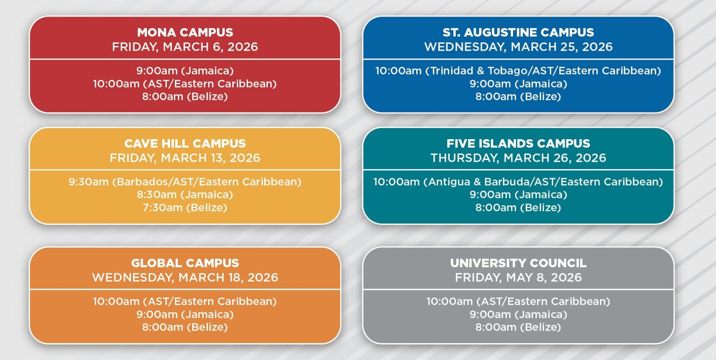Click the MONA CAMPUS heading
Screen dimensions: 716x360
click(x=185, y=32)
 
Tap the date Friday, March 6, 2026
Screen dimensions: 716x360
click(x=185, y=47)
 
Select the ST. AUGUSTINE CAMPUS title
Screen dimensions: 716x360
click(x=518, y=32)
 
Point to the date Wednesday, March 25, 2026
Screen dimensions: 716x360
click(x=518, y=47)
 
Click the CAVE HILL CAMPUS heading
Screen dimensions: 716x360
click(x=185, y=144)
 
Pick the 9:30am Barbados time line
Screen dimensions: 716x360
click(x=185, y=182)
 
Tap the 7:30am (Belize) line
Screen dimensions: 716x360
click(x=185, y=207)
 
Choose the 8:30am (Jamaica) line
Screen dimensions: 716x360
click(x=185, y=195)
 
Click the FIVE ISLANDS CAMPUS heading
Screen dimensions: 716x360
click(x=518, y=144)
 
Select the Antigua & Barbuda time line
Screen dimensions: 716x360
click(x=518, y=182)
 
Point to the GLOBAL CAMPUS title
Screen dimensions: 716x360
click(x=185, y=263)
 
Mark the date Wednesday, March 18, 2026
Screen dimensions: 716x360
click(x=185, y=278)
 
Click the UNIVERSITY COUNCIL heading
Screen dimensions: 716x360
click(x=518, y=263)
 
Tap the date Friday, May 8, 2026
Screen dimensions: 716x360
click(x=518, y=278)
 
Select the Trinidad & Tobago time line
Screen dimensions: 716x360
click(x=518, y=71)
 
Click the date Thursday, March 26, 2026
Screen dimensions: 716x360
click(x=518, y=158)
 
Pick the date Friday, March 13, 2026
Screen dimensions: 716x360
click(x=185, y=158)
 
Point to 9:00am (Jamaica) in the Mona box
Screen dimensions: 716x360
click(x=185, y=71)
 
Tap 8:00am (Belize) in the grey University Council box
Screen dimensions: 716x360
click(x=518, y=327)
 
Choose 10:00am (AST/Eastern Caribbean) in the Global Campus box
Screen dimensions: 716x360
click(x=185, y=301)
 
